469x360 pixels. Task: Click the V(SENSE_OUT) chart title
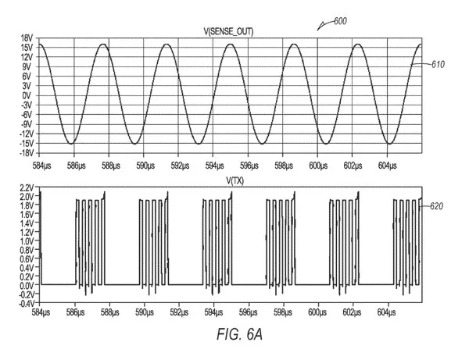[x=228, y=32]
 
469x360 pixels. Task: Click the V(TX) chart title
[x=234, y=180]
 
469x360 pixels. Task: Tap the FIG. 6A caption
[x=240, y=334]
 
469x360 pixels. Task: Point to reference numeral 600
[x=340, y=21]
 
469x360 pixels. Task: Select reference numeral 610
[x=438, y=65]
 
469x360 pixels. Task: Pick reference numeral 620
[x=437, y=206]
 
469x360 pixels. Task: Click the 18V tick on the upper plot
[x=27, y=38]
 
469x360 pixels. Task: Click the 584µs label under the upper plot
[x=42, y=166]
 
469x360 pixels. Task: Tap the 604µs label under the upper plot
[x=388, y=166]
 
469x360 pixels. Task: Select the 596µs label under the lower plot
[x=249, y=312]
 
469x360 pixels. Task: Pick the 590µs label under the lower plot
[x=145, y=312]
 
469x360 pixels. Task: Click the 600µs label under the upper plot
[x=318, y=166]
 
